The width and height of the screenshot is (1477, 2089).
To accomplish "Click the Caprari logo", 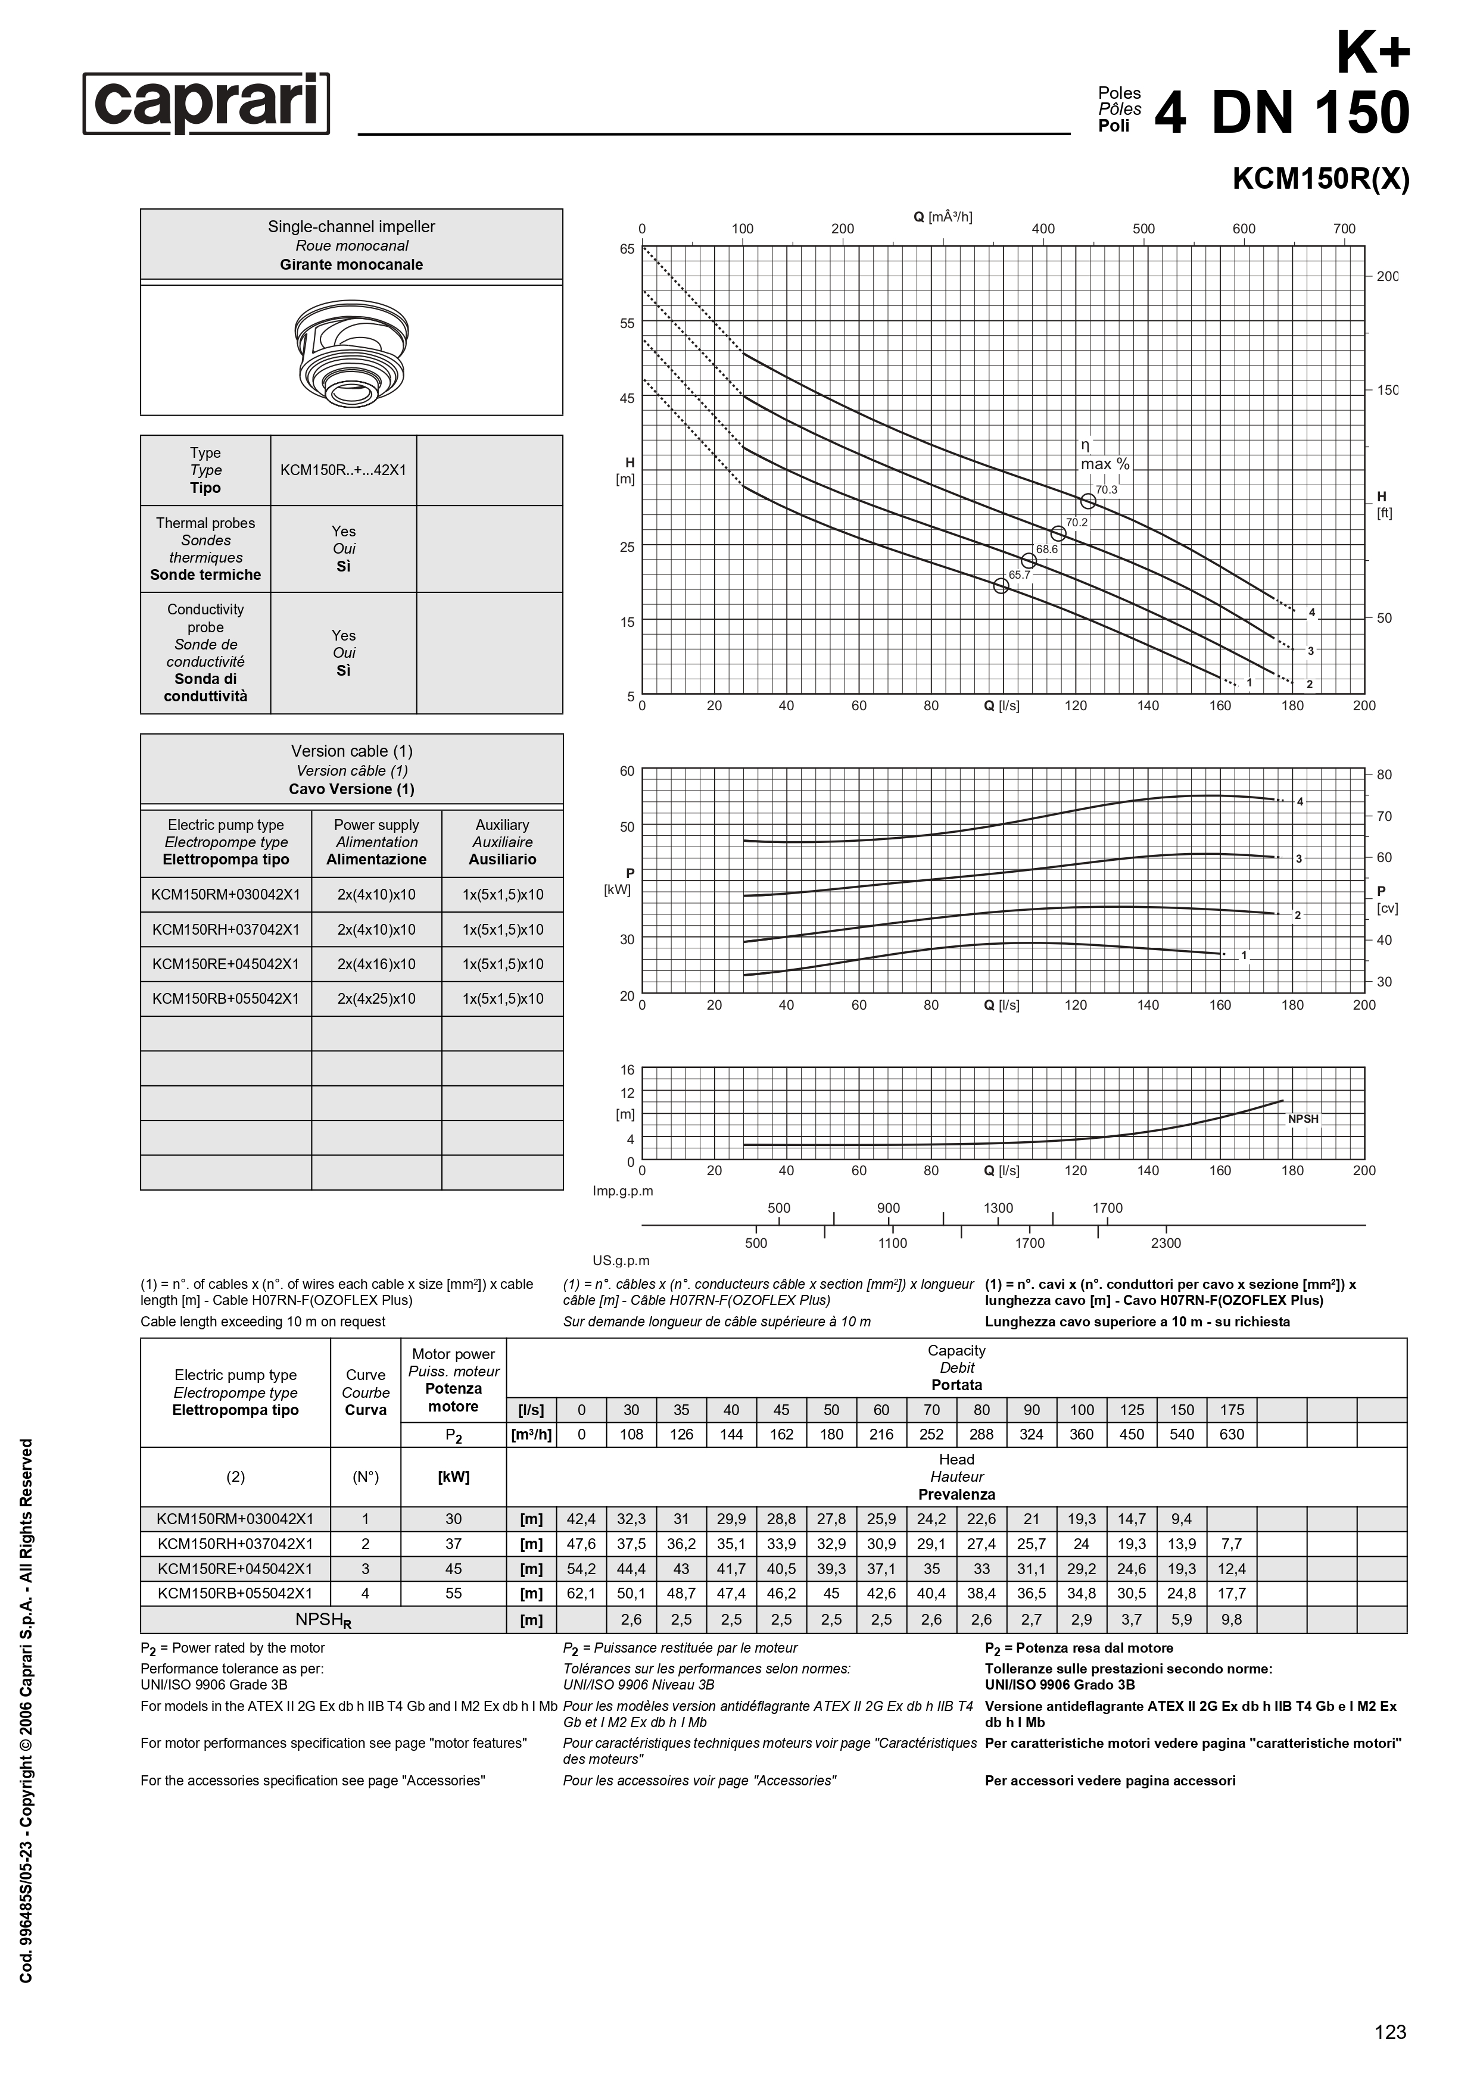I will [207, 104].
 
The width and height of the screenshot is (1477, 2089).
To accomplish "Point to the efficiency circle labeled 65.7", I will [1001, 586].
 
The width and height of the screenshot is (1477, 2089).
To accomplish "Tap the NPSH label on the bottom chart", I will [1303, 1119].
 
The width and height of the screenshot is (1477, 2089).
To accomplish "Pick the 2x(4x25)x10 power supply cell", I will [376, 999].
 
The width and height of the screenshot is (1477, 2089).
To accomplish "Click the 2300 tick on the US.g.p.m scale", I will [1166, 1243].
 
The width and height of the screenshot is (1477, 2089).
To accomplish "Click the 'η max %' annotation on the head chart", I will [1104, 455].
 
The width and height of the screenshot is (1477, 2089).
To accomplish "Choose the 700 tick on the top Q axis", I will [1344, 229].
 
